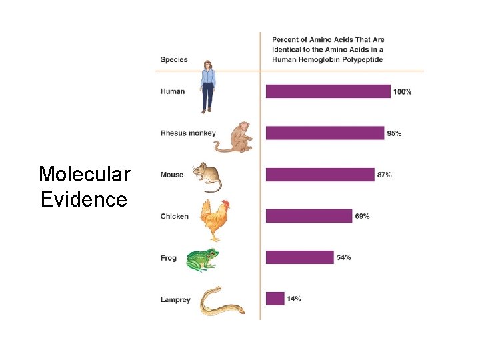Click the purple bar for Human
tap(328, 91)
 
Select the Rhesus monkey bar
tap(325, 133)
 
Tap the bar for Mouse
tap(320, 175)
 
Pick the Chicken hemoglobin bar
tap(309, 216)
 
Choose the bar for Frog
tap(299, 257)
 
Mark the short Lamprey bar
tap(275, 299)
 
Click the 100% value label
tap(403, 92)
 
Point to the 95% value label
tap(394, 133)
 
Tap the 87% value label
tap(384, 175)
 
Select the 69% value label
tap(362, 216)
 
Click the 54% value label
tap(343, 257)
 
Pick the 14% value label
tap(293, 299)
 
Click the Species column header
tap(174, 59)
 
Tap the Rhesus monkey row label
tap(188, 133)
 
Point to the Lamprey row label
tap(175, 300)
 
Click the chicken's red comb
tap(225, 204)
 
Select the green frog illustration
tap(201, 260)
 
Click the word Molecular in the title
tap(84, 175)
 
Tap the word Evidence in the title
tap(84, 199)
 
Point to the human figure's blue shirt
tap(209, 79)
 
